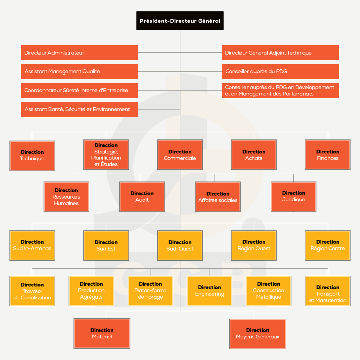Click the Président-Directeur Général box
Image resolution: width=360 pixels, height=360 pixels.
click(x=180, y=21)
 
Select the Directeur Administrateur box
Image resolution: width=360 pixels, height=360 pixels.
click(x=80, y=53)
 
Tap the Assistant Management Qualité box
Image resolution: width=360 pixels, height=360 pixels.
click(x=80, y=71)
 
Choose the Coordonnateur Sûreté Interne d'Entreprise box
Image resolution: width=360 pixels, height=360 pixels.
click(x=80, y=91)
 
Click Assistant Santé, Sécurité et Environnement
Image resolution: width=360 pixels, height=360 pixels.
click(x=80, y=109)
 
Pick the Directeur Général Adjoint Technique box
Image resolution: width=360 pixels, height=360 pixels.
click(x=280, y=53)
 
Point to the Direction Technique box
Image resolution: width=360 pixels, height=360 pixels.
click(x=32, y=155)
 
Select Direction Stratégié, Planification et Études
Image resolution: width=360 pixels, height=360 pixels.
click(x=106, y=155)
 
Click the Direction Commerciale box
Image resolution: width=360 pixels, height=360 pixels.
click(x=180, y=155)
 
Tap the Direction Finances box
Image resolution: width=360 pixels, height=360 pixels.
click(x=328, y=155)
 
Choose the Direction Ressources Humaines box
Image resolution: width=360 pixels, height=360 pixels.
click(x=66, y=197)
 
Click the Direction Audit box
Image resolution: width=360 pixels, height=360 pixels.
click(x=142, y=197)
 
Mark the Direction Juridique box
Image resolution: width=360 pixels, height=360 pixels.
click(x=293, y=197)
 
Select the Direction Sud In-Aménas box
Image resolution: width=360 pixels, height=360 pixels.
click(x=32, y=246)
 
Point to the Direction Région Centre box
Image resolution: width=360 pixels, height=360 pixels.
click(x=328, y=246)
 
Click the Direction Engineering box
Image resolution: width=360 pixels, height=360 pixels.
click(x=210, y=291)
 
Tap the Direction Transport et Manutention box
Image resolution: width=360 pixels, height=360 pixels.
click(x=328, y=291)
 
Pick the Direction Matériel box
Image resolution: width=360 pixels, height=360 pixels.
click(x=102, y=333)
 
